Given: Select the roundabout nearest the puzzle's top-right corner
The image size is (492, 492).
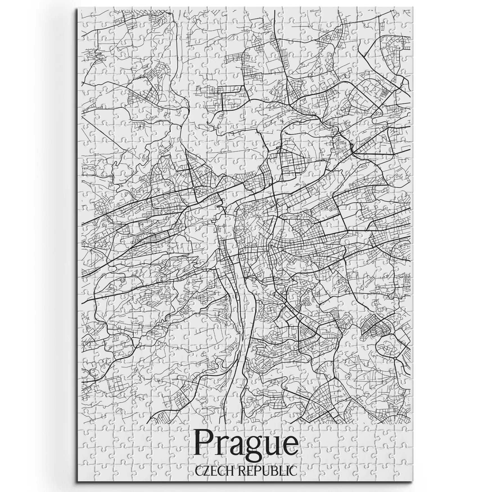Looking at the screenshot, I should click(402, 84).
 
